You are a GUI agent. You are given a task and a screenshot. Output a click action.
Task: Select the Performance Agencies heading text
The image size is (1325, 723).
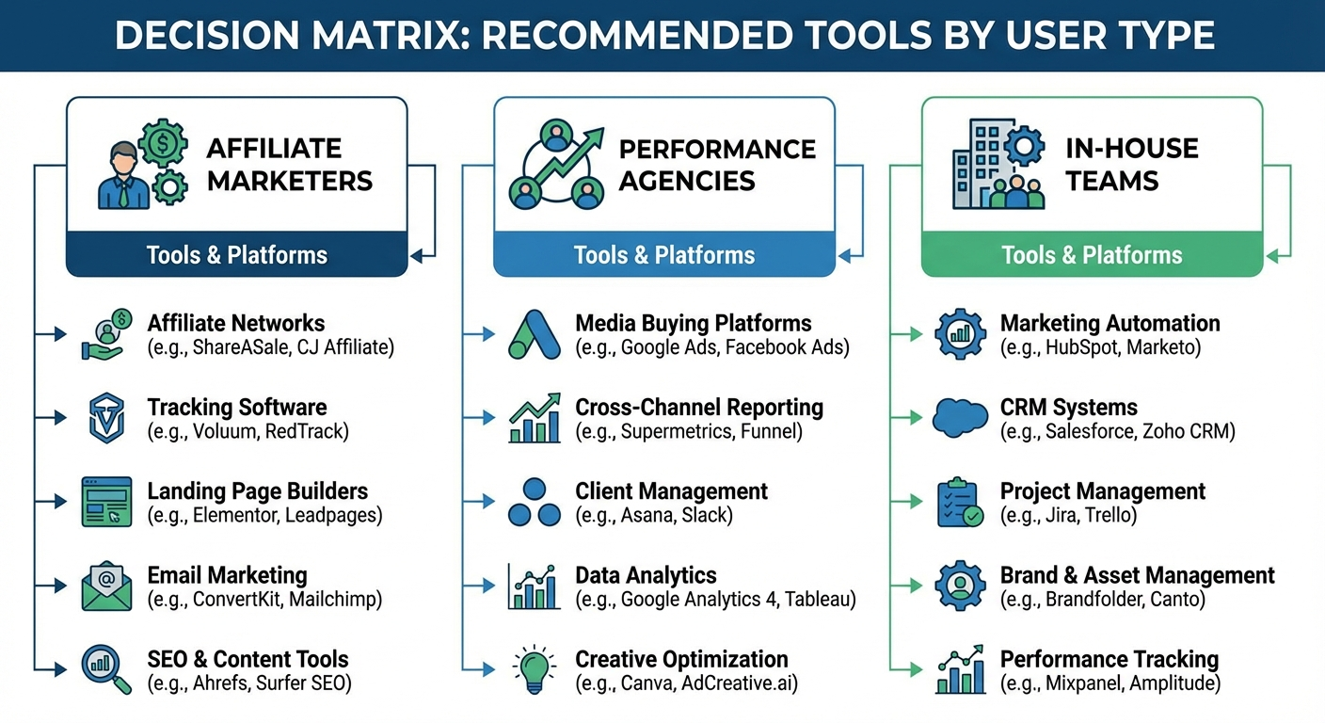pyautogui.click(x=717, y=164)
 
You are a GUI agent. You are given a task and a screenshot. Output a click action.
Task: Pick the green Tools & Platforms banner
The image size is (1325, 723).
pyautogui.click(x=1092, y=254)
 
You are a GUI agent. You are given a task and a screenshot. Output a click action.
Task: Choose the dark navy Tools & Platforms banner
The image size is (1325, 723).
pyautogui.click(x=236, y=254)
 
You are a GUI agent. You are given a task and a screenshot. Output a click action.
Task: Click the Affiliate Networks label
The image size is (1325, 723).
pyautogui.click(x=236, y=323)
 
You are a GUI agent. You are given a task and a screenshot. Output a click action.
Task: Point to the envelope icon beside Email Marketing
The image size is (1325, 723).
pyautogui.click(x=106, y=586)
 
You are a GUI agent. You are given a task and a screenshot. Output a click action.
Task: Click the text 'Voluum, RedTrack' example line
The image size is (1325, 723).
pyautogui.click(x=247, y=432)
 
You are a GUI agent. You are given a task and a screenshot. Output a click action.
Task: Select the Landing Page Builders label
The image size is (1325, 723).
pyautogui.click(x=257, y=490)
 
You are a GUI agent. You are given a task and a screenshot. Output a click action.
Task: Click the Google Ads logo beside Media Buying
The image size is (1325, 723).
pyautogui.click(x=535, y=334)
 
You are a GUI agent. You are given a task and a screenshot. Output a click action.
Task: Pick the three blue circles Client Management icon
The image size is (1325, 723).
pyautogui.click(x=535, y=502)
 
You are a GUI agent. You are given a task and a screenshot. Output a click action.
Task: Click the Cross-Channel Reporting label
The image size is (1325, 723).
pyautogui.click(x=699, y=407)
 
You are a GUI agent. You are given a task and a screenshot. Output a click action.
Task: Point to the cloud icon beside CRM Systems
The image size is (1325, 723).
pyautogui.click(x=960, y=418)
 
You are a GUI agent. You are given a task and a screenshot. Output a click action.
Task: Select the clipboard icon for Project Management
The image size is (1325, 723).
pyautogui.click(x=960, y=502)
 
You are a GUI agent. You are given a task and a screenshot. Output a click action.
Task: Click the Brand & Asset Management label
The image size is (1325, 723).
pyautogui.click(x=1137, y=574)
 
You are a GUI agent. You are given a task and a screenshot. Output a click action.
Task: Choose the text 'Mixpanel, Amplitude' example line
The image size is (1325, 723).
pyautogui.click(x=1110, y=683)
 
